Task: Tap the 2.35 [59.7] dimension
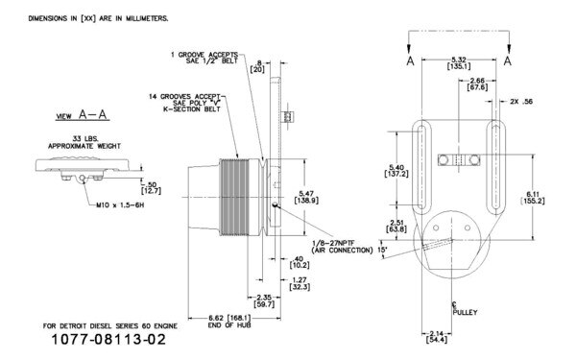click(x=252, y=300)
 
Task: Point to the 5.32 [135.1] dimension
click(x=461, y=64)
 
